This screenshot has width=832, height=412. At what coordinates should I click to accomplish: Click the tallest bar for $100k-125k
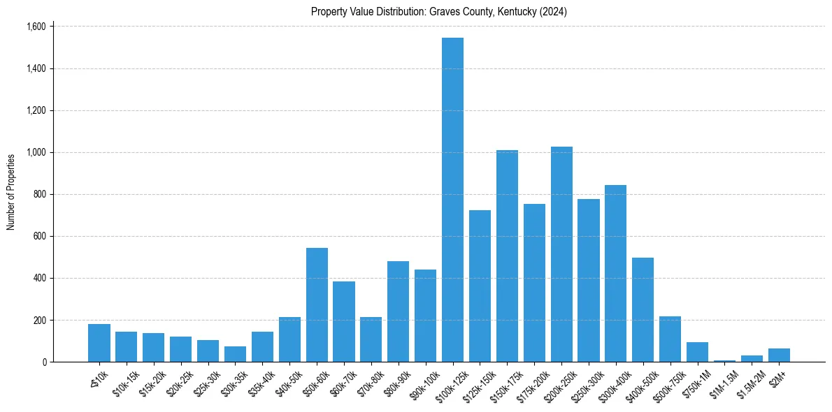click(452, 200)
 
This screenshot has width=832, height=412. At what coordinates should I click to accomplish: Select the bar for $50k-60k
click(317, 304)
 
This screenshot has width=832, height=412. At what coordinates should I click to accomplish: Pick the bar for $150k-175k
click(507, 256)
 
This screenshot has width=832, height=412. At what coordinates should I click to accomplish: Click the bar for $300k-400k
click(615, 273)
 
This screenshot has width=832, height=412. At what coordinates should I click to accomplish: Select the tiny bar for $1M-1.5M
click(724, 360)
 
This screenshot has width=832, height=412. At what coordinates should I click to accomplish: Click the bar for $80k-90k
click(398, 311)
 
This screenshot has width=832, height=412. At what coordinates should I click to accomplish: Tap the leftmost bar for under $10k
click(99, 343)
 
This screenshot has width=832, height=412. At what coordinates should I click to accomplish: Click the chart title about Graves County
click(438, 12)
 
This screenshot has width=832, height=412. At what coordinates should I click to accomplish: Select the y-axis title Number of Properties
click(11, 192)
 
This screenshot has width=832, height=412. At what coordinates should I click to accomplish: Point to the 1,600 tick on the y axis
click(36, 27)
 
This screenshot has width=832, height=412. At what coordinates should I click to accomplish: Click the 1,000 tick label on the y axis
click(36, 152)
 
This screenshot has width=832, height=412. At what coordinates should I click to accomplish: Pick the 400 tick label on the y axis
click(40, 278)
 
